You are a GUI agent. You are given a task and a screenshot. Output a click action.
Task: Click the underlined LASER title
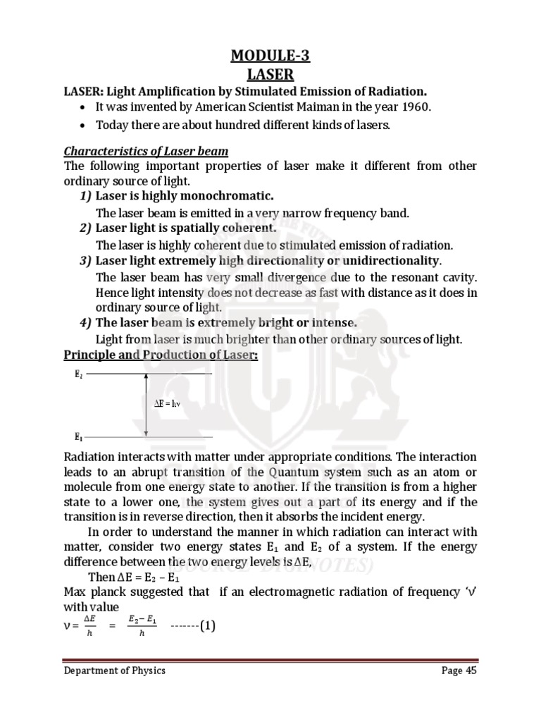click(270, 73)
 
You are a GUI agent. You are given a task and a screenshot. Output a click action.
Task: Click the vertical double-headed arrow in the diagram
click(146, 405)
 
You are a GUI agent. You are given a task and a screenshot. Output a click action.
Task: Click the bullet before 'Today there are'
click(85, 126)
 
